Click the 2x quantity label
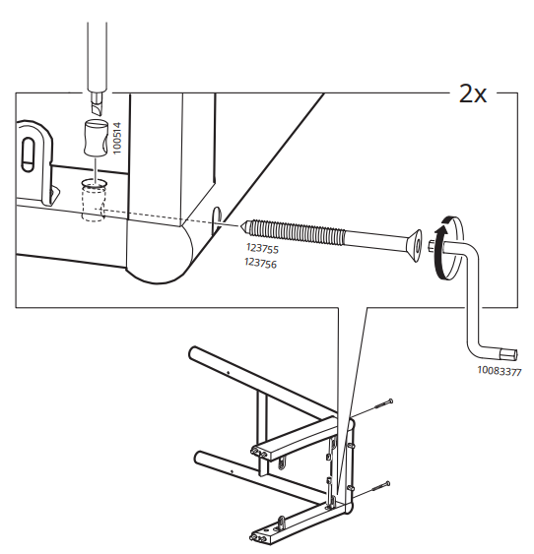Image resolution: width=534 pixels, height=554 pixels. [472, 92]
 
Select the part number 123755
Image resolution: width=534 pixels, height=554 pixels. [261, 250]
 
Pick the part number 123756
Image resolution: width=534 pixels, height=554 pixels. [261, 264]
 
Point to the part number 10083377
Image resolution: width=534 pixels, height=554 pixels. [500, 371]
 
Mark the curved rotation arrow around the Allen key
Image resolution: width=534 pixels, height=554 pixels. [440, 245]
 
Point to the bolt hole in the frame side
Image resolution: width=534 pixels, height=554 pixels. [216, 215]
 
